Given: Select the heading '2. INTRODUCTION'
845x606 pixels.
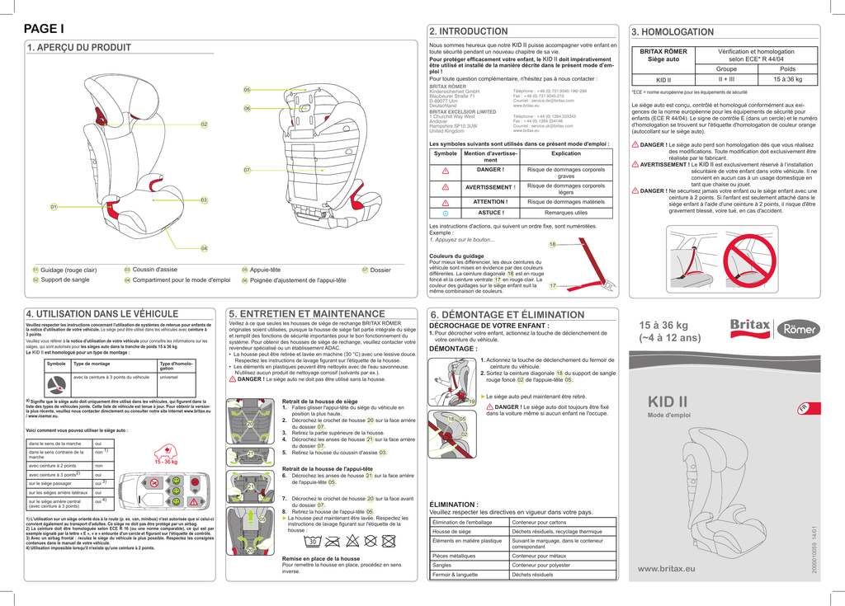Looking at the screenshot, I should (469, 31).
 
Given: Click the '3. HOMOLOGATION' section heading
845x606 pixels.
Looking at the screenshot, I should (673, 31).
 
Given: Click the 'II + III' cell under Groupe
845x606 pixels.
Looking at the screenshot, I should (726, 80).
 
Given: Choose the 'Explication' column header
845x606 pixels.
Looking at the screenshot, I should (566, 153).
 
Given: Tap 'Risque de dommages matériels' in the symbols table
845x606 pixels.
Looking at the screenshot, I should (566, 201).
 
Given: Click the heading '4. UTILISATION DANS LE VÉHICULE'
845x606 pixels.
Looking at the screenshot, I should (103, 313).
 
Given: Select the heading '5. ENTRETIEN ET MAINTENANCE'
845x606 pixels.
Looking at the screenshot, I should (307, 313).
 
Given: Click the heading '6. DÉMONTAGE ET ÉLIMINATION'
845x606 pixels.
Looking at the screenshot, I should (507, 314).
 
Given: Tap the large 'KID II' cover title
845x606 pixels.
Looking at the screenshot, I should (668, 402).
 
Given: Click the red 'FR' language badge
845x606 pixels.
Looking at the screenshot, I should (803, 409).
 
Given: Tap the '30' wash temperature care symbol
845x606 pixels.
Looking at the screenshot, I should (313, 542).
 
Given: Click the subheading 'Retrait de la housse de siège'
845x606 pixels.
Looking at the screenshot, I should (319, 401).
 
